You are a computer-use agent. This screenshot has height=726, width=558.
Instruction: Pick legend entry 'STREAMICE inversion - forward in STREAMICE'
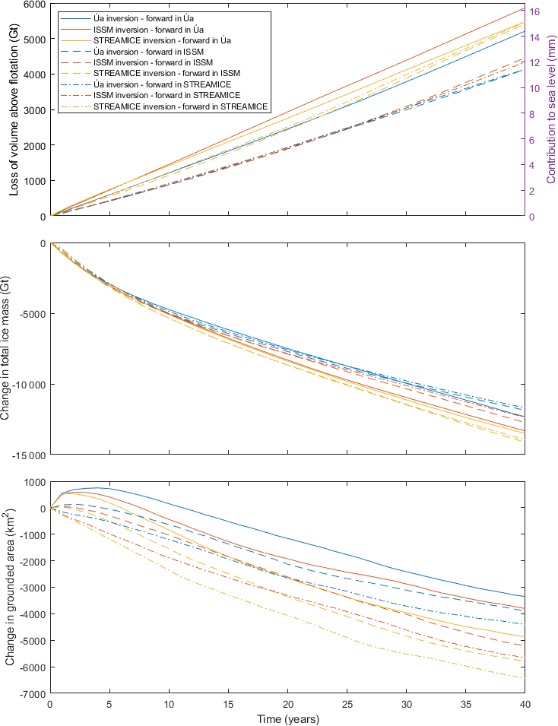(x=180, y=107)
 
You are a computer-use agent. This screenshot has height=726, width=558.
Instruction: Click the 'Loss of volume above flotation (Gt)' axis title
(x=14, y=109)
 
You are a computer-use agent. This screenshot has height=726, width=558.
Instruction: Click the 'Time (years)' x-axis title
(x=287, y=718)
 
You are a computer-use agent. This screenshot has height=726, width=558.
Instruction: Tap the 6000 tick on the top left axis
(x=32, y=5)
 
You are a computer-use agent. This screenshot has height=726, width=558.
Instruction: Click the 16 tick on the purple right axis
(x=535, y=11)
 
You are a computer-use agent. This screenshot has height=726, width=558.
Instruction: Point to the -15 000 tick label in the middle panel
(x=25, y=455)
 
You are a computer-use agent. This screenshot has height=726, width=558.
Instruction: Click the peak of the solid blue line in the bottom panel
(x=97, y=488)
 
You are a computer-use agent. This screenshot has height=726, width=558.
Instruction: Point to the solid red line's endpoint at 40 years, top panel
(x=525, y=8)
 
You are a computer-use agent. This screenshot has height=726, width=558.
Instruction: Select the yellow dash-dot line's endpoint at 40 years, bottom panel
(x=525, y=678)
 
